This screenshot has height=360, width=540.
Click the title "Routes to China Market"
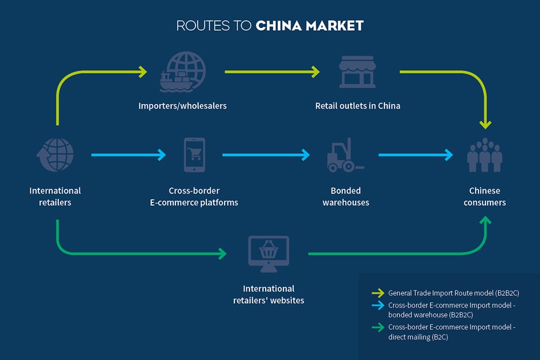click(270, 25)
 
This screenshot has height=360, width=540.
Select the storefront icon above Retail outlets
click(357, 71)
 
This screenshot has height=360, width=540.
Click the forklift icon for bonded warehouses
click(345, 155)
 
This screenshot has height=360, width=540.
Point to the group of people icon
click(484, 155)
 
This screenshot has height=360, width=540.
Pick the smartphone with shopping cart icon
click(194, 155)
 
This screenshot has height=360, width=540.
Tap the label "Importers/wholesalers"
click(183, 106)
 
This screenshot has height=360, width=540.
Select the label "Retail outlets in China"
click(357, 106)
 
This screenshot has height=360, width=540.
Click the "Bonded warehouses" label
click(346, 196)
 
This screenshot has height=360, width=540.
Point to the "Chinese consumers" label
click(484, 196)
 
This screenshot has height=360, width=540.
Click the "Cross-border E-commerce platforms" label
click(194, 196)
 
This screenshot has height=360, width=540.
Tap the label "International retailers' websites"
click(268, 294)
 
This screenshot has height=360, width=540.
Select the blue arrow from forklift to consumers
click(415, 155)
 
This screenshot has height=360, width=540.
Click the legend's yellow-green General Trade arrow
click(377, 293)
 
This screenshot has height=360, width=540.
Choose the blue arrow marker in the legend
click(377, 305)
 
